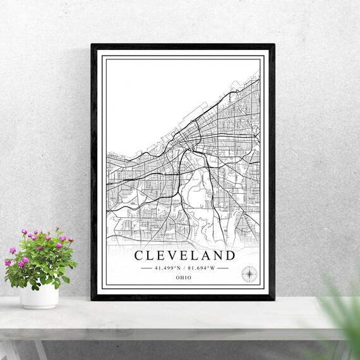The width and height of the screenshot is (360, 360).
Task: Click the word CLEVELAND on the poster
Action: (x=184, y=255)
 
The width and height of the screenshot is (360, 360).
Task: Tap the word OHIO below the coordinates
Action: (x=184, y=277)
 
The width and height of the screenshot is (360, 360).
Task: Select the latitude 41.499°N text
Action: (x=167, y=268)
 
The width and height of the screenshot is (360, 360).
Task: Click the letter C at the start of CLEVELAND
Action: (x=139, y=255)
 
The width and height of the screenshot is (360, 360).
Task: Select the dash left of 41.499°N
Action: (x=146, y=268)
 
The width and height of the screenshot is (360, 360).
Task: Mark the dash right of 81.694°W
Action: (x=222, y=268)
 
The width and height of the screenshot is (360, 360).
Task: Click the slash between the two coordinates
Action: (x=184, y=268)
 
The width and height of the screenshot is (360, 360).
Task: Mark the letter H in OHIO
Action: (x=182, y=277)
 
